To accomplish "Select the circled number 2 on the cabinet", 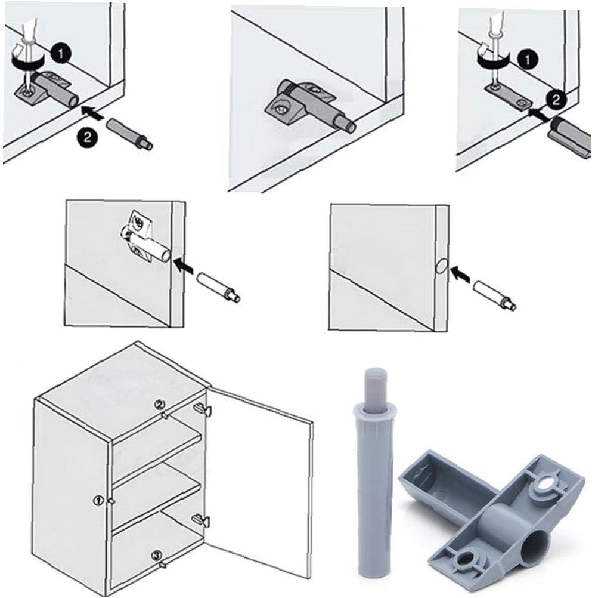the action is coord(159,405).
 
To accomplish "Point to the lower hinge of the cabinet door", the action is coord(200,520).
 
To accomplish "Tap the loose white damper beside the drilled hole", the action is coord(494,295).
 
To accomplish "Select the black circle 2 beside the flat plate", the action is coord(554,100).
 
